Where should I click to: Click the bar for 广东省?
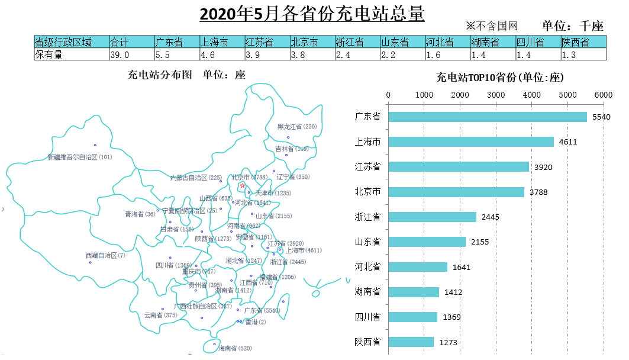pos(487,117)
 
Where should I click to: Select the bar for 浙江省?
pos(432,217)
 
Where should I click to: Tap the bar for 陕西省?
pos(411,342)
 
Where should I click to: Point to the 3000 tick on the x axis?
pos(496,95)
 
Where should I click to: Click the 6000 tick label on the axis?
pos(603,95)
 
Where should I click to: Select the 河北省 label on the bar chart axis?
pos(367,267)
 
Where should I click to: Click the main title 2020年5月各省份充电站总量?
pos(312,14)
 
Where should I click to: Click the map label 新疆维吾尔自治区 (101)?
pos(80,157)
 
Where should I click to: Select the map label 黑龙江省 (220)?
pos(297,127)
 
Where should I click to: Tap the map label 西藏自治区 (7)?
pos(105,256)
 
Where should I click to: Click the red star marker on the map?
pos(243,185)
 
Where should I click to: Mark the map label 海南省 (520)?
pos(235,348)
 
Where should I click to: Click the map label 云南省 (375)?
pos(160,316)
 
